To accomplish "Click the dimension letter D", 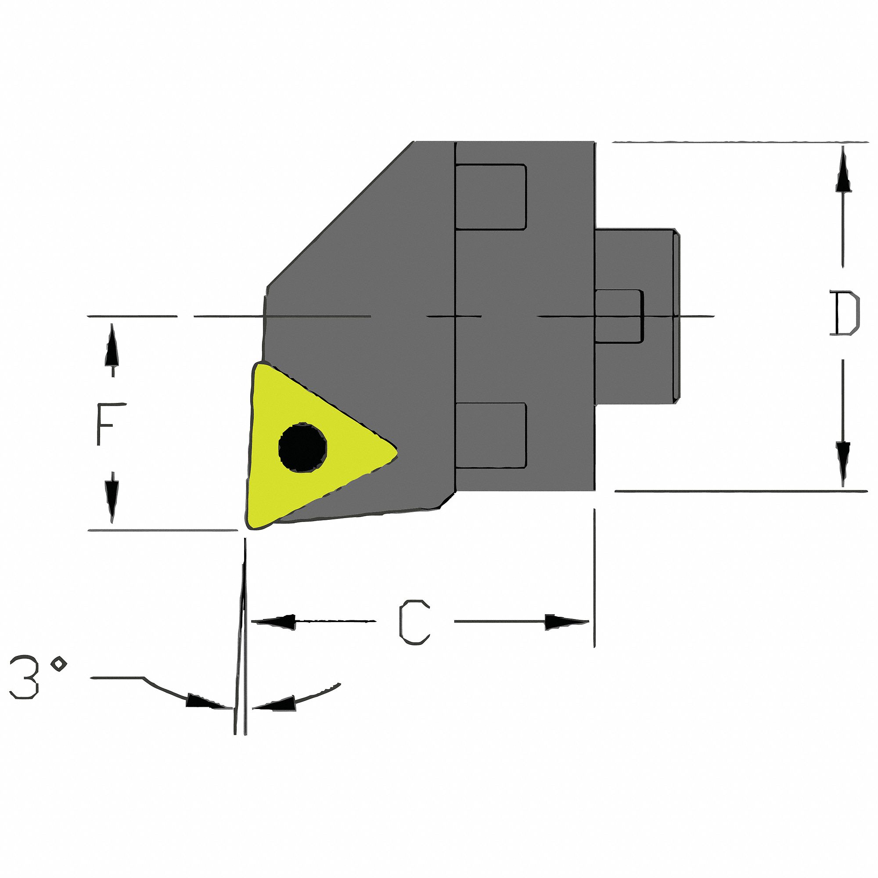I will (x=844, y=314).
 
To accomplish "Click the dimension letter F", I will (x=105, y=424).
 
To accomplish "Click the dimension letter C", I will (x=414, y=622).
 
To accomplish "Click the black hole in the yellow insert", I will (x=302, y=448).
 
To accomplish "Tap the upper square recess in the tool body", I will (x=491, y=197).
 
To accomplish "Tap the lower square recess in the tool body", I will (x=491, y=435).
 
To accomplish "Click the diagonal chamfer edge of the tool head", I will (x=341, y=214).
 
